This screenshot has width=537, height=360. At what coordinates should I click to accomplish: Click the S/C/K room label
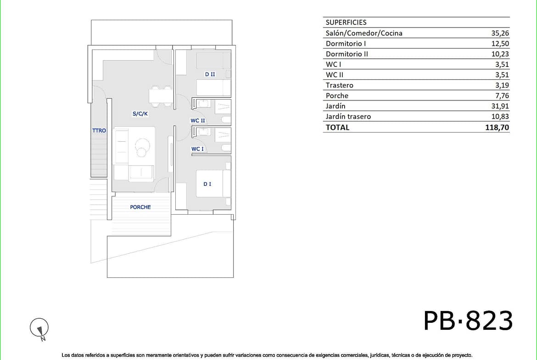[x=140, y=114]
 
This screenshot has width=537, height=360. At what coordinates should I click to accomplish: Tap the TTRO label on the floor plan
[x=99, y=130]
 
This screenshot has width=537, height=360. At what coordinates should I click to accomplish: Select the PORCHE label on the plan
[x=140, y=207]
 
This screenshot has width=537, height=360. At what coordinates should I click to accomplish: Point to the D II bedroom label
[x=210, y=74]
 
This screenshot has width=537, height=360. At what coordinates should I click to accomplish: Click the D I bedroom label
[x=207, y=184]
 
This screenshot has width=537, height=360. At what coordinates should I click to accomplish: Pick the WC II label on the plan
[x=198, y=121]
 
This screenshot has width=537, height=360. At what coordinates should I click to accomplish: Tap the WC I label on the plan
[x=197, y=149]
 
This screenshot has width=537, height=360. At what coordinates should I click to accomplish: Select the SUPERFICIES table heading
[x=346, y=22]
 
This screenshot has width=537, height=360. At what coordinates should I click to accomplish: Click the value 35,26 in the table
[x=500, y=33]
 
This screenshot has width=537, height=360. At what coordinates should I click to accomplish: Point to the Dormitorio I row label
[x=346, y=44]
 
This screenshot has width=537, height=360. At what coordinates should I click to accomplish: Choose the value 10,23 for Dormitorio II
[x=500, y=54]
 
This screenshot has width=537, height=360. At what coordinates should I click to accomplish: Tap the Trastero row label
[x=339, y=85]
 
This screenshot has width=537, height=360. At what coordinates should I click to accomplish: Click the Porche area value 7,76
[x=502, y=96]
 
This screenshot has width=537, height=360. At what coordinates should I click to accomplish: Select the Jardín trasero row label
[x=348, y=116]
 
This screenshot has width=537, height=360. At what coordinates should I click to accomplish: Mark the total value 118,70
[x=497, y=127]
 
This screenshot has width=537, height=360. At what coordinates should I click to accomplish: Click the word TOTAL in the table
[x=337, y=127]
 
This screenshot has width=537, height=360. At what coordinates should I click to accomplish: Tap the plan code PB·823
[x=468, y=321]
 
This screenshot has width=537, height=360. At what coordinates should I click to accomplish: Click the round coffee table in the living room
[x=142, y=147]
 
